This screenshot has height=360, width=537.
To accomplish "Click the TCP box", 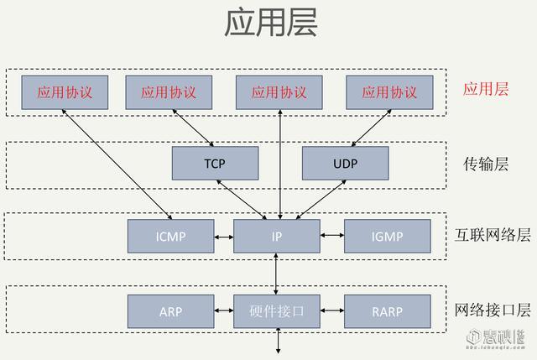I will click(x=215, y=163).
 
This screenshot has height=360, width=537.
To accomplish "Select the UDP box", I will click(x=345, y=163).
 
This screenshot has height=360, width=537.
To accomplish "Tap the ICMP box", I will click(x=170, y=237).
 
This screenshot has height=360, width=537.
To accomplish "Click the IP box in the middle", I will click(x=277, y=237).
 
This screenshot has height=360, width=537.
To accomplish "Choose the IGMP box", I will click(x=388, y=237).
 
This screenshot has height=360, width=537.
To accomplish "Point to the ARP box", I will click(x=170, y=311).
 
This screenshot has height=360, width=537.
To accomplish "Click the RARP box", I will click(x=388, y=311).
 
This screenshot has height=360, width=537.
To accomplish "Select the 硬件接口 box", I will click(x=277, y=311).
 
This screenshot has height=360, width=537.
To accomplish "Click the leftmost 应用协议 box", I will click(x=68, y=92).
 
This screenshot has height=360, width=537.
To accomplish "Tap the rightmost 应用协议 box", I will click(x=389, y=92).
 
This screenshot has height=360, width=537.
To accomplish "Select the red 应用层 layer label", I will click(x=487, y=89).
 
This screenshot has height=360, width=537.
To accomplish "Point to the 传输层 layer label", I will click(x=487, y=163).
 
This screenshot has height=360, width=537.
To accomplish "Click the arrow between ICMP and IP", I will click(x=224, y=237).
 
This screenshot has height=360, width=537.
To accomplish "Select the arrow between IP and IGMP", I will click(x=332, y=237).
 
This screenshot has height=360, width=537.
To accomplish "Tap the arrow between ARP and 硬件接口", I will click(x=224, y=311).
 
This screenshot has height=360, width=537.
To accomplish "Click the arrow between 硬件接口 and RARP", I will click(x=332, y=311).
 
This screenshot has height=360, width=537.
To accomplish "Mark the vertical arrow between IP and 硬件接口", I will click(x=277, y=274).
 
